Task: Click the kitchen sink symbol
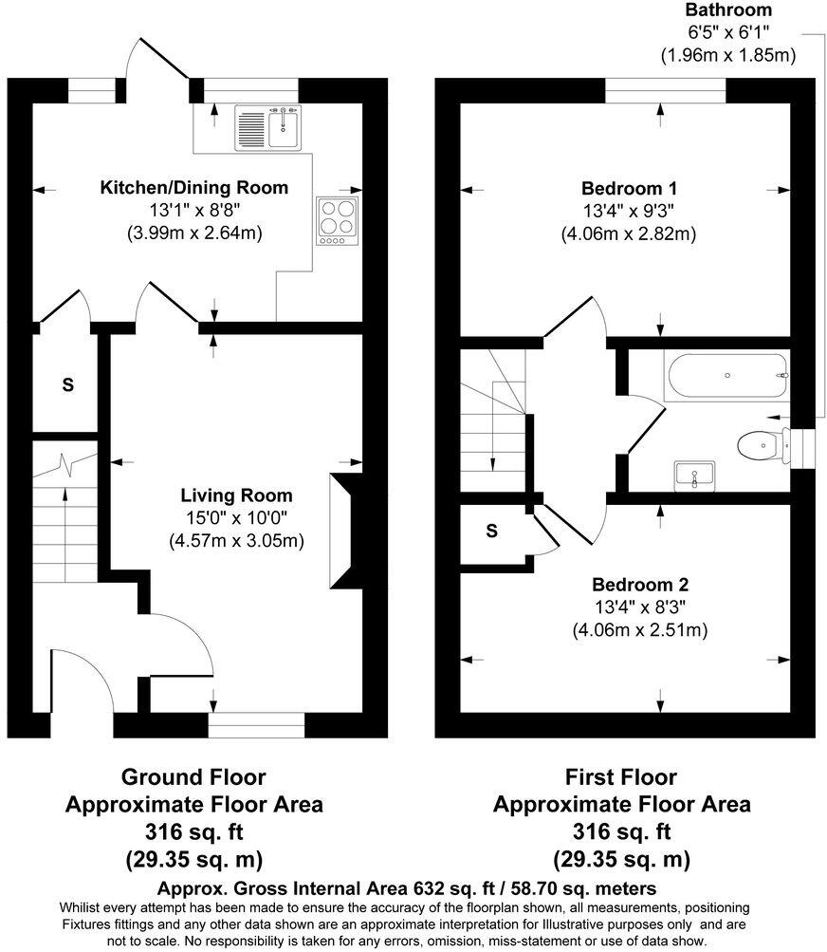click(269, 128)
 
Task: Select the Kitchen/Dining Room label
click(194, 188)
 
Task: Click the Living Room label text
click(237, 495)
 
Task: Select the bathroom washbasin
click(696, 476)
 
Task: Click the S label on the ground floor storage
click(67, 385)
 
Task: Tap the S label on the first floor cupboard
click(491, 532)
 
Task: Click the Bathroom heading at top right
click(728, 10)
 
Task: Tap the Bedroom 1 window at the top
click(666, 90)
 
